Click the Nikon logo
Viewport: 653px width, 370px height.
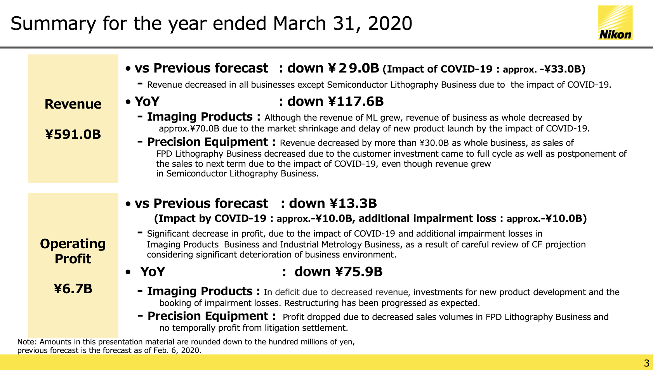(x=615, y=23)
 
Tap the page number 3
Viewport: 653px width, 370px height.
(x=646, y=363)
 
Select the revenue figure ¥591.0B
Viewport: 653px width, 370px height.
(x=73, y=134)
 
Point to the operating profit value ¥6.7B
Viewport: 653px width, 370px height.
(x=73, y=289)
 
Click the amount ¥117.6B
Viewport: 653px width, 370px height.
(x=356, y=101)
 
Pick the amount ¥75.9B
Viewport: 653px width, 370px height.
(x=359, y=271)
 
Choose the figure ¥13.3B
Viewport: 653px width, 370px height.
(x=353, y=203)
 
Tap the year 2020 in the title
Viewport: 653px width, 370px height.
(x=390, y=23)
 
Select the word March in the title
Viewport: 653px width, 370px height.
(x=299, y=23)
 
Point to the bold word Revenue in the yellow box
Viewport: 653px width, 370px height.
(x=73, y=104)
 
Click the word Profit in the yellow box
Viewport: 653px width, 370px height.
(x=73, y=259)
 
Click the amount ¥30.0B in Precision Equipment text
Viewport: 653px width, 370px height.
(x=434, y=143)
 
